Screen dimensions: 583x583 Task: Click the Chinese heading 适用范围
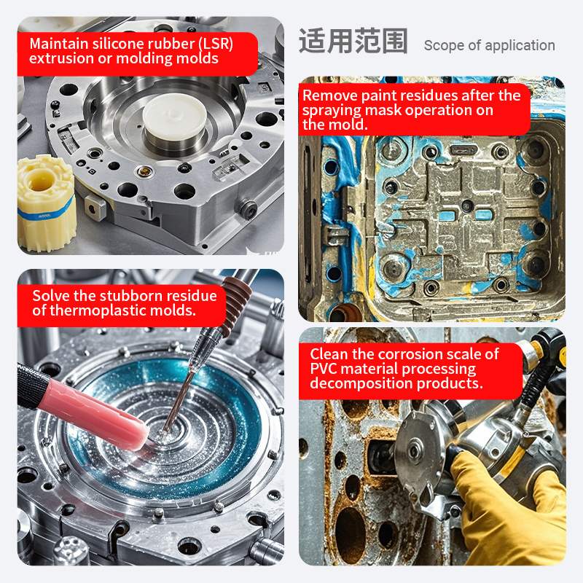pos(353,41)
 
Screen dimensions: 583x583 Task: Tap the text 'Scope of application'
pos(489,45)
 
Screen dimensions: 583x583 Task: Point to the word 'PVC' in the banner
pos(324,369)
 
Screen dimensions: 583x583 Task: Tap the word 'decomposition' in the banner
pos(361,384)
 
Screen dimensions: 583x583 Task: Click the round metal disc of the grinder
pos(415,451)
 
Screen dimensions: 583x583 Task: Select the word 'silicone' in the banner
pos(121,44)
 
